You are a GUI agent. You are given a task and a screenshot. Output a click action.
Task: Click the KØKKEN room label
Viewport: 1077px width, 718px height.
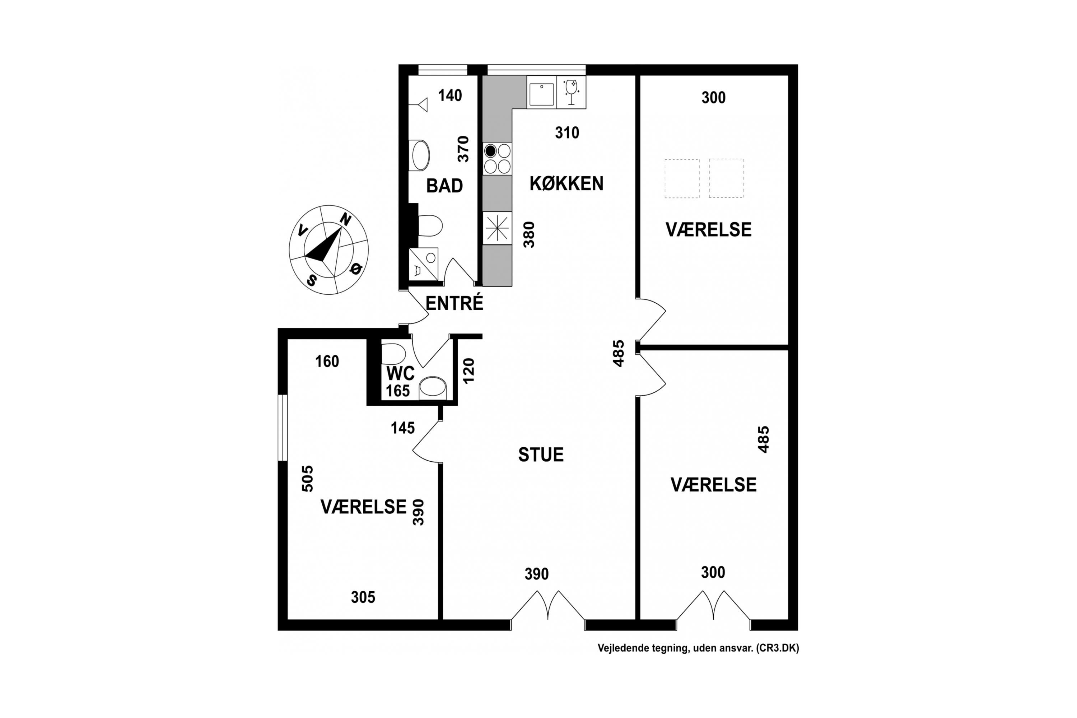coord(567,183)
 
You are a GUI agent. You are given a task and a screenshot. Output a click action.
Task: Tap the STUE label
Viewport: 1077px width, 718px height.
coord(541,455)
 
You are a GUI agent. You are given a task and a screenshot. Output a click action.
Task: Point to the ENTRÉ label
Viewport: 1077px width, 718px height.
coord(454,303)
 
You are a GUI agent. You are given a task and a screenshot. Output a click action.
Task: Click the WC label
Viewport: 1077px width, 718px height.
coord(400,374)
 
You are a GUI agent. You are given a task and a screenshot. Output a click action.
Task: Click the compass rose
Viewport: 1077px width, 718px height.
coord(329,250)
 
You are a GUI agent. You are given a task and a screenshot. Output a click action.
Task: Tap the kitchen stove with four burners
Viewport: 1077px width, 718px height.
coord(497,158)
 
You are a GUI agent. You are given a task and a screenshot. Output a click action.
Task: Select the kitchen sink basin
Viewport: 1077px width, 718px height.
coord(542,94)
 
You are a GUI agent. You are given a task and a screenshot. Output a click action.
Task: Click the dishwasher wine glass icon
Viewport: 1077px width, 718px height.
coord(572,92)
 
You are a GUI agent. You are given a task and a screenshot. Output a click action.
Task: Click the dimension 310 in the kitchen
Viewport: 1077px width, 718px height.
coord(567,133)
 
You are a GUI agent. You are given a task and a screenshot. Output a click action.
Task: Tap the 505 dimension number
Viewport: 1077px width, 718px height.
coord(307,479)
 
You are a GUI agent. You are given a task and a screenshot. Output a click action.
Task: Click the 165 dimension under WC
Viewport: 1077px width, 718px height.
coord(397,391)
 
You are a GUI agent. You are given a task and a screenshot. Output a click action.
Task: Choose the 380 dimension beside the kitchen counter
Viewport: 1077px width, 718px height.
coord(529,234)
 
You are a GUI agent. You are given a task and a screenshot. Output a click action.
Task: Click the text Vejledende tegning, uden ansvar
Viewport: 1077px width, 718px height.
coord(675,648)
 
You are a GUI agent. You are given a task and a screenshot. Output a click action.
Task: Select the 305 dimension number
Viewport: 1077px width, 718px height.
coord(363,597)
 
